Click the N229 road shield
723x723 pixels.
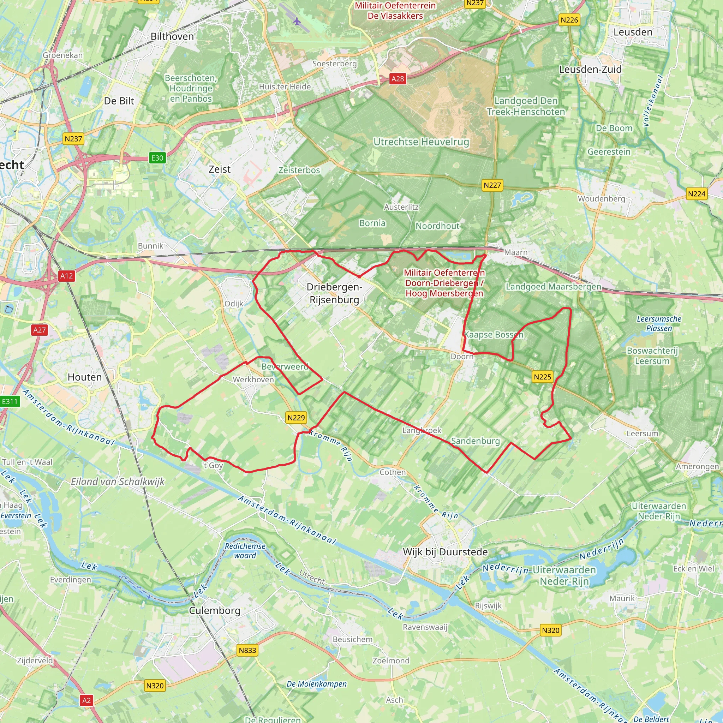296,418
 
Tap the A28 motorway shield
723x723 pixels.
398,79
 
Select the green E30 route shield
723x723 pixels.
157,158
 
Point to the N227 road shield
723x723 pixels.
492,185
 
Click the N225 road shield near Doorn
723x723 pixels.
542,377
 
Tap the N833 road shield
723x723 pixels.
247,650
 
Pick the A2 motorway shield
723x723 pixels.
86,700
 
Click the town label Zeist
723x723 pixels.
219,169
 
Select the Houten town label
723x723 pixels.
85,377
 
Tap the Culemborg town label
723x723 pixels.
214,610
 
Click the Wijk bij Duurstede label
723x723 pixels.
445,552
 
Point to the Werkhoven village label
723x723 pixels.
253,380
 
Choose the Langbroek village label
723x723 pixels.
422,430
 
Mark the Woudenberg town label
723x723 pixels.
601,199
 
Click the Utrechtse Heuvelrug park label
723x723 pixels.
421,142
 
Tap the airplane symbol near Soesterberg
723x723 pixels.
297,21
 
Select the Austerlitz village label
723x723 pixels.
401,207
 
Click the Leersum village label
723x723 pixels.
643,434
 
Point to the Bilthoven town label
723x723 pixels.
172,37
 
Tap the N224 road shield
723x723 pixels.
697,194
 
